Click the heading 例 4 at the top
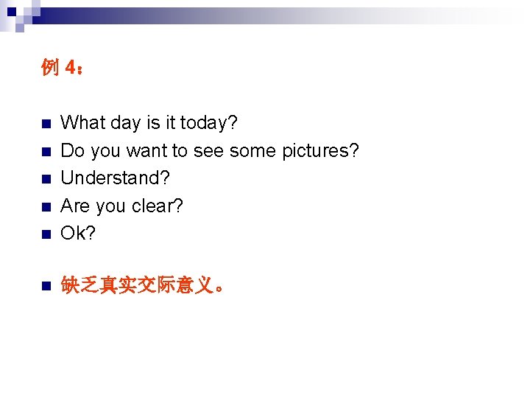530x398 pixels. tap(63, 69)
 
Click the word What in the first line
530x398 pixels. tap(83, 122)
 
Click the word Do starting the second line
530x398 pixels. tap(71, 150)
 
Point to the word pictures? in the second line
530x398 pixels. tap(320, 150)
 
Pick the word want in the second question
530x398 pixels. tap(146, 150)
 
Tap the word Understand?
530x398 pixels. tap(115, 178)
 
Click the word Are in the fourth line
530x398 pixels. tap(74, 206)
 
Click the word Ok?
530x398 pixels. tap(79, 234)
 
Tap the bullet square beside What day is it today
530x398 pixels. tap(46, 124)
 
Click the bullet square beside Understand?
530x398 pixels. tap(46, 180)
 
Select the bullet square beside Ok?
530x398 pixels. tap(46, 235)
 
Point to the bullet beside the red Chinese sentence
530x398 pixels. tap(46, 287)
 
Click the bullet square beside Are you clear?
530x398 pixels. tap(46, 207)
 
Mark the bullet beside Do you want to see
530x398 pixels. tap(46, 152)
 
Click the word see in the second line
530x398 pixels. tap(209, 150)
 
